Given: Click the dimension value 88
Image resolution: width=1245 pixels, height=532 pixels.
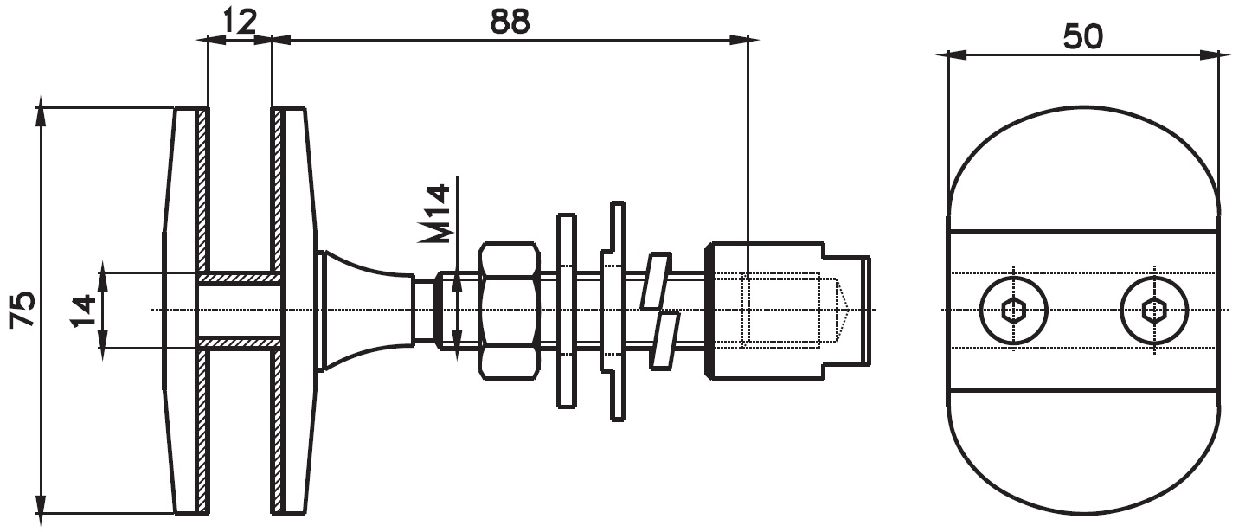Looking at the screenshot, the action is coord(510,21).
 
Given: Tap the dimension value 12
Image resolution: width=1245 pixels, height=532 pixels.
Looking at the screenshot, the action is coord(240,21).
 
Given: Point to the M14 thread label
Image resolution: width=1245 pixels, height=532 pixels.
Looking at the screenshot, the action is coord(434,214).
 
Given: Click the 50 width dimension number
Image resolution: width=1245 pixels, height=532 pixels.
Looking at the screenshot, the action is coord(1082,37).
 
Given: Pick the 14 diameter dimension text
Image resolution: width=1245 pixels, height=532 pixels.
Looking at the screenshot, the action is coord(83,311).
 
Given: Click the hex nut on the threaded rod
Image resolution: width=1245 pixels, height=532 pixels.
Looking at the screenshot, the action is coord(509,311).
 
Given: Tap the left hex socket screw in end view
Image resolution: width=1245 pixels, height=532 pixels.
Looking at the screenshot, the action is coord(1014,311).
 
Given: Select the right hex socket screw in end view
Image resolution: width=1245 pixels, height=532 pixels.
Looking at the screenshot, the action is coord(1154,311).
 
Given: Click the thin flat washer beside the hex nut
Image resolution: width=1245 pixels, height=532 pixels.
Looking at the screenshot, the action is coord(567,311).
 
